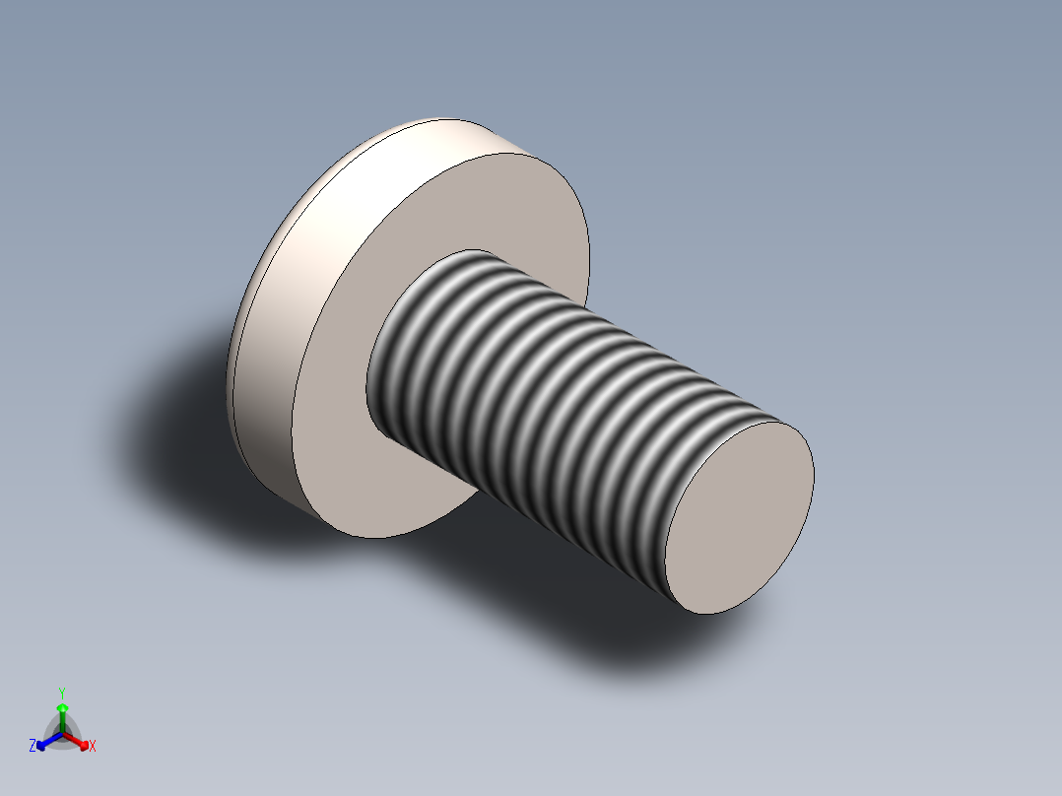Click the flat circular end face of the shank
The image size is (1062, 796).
(x=739, y=515)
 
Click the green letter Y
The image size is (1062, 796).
(x=61, y=693)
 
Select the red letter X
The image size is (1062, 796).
(x=93, y=747)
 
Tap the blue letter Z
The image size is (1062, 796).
(x=33, y=746)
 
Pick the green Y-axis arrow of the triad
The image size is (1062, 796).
(x=61, y=715)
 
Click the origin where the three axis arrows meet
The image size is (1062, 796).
(x=62, y=734)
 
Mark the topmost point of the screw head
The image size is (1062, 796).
(x=433, y=119)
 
